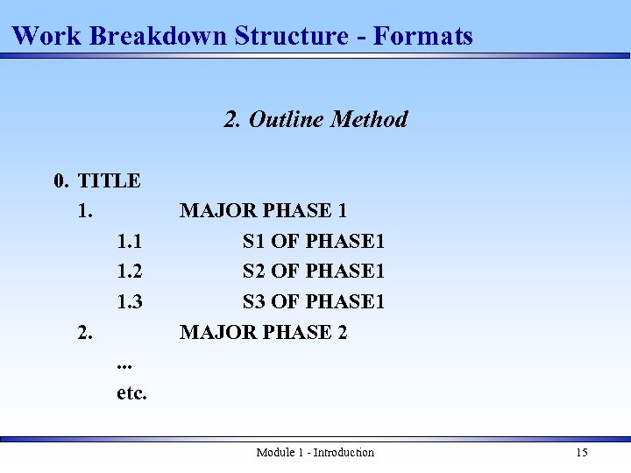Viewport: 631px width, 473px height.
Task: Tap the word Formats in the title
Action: pyautogui.click(x=423, y=36)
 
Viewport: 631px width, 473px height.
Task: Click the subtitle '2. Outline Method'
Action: pyautogui.click(x=315, y=119)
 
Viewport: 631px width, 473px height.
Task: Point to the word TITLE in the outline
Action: pyautogui.click(x=110, y=181)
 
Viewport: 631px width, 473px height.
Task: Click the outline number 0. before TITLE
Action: pyautogui.click(x=60, y=181)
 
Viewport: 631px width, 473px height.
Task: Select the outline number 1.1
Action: pyautogui.click(x=130, y=241)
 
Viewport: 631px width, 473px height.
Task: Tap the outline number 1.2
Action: pyautogui.click(x=130, y=272)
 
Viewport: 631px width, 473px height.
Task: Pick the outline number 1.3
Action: pyautogui.click(x=130, y=302)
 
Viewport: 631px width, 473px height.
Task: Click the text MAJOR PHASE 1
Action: pyautogui.click(x=263, y=211)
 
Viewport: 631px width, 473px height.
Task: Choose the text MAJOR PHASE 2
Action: pyautogui.click(x=263, y=333)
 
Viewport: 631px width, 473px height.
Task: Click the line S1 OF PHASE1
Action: pyautogui.click(x=314, y=241)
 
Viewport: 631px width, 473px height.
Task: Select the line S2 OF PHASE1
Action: pyautogui.click(x=314, y=272)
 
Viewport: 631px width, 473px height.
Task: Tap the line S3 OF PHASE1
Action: pyautogui.click(x=314, y=302)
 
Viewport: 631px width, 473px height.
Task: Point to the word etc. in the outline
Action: pyautogui.click(x=131, y=393)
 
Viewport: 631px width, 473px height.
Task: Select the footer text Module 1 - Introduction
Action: pyautogui.click(x=315, y=453)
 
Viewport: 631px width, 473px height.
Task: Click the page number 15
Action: pyautogui.click(x=582, y=453)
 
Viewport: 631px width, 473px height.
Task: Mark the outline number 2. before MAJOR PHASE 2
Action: pyautogui.click(x=84, y=333)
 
